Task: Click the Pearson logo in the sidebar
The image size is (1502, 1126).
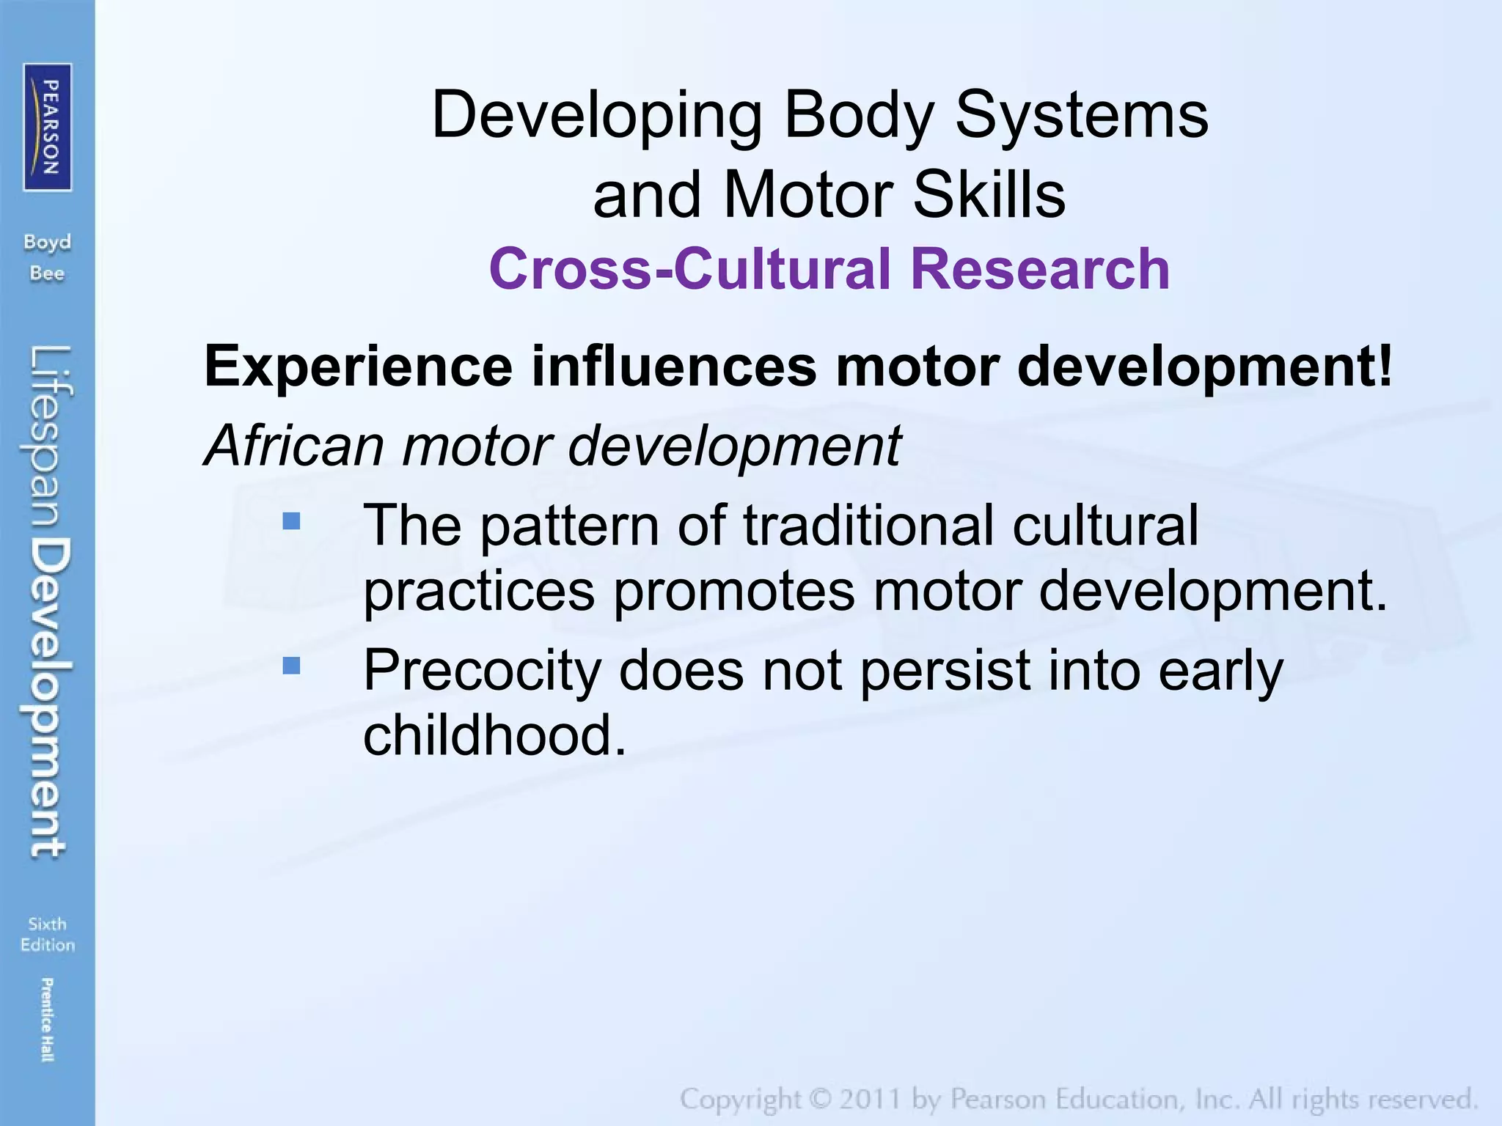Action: pos(48,127)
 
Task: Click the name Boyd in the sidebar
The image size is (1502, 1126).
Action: pos(47,242)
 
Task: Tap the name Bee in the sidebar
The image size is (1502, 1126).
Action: pos(47,273)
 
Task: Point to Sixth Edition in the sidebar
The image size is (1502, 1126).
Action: pos(48,934)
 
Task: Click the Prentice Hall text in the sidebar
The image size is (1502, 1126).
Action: pos(47,1019)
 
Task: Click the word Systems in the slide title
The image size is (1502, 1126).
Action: pos(1081,116)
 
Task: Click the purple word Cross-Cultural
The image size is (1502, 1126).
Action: pos(689,269)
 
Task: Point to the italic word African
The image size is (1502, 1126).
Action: pos(293,445)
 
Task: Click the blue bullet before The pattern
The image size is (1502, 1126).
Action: pos(291,520)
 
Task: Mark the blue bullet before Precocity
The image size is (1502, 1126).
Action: pos(291,666)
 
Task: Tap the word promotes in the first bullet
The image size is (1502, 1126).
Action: pos(733,591)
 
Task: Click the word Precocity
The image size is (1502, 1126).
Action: pos(482,670)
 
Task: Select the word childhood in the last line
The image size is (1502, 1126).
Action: pos(488,735)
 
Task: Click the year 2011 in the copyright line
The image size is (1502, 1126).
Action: pos(869,1100)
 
